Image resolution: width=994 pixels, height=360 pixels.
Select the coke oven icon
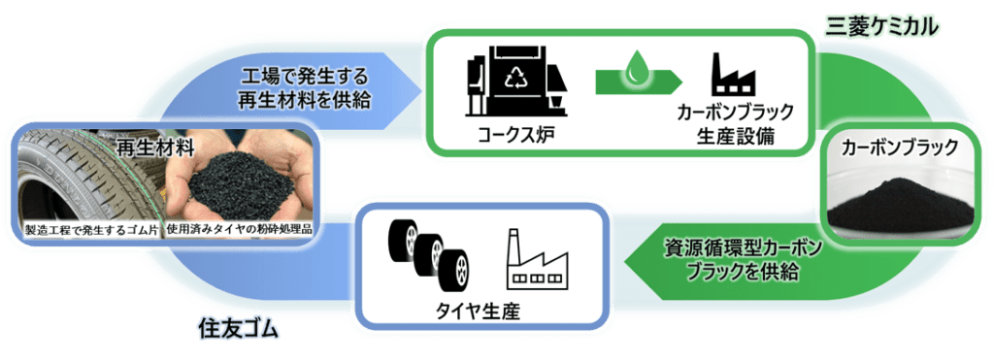[517, 82]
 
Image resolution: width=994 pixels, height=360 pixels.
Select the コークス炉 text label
[516, 135]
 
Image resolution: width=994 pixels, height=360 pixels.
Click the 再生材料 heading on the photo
[154, 147]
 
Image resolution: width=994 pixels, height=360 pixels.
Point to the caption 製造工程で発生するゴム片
[92, 229]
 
